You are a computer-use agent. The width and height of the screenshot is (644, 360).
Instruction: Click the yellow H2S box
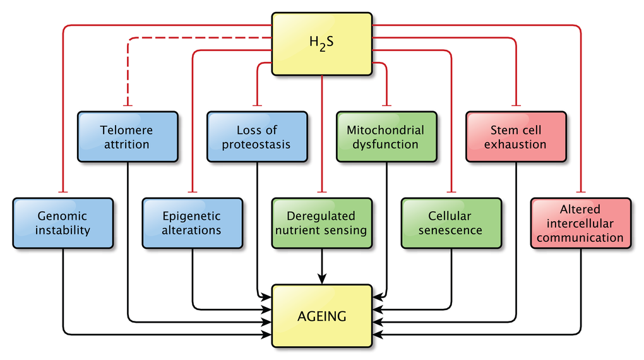pos(322,43)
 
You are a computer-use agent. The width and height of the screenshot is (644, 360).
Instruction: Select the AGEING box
pos(322,316)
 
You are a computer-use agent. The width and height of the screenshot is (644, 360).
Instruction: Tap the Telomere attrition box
pos(128,137)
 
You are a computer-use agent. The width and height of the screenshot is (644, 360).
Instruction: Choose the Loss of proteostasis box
pos(257,137)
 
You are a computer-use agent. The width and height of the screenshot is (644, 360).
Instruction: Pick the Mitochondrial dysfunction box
pos(386,137)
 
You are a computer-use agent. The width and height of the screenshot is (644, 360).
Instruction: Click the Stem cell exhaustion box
pos(516,137)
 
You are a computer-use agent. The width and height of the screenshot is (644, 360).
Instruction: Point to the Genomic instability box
pos(63,223)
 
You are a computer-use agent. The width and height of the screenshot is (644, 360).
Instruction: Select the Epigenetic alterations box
pos(192,223)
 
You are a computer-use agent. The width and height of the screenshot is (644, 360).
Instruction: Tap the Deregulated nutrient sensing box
pos(321,223)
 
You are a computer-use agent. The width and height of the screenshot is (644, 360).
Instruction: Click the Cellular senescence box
pos(451,223)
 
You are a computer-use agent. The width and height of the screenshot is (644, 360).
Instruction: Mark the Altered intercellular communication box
pos(580,223)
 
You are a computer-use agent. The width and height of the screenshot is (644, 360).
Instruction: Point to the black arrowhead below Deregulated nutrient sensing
pos(322,278)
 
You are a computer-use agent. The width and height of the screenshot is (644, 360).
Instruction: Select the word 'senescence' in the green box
pos(451,231)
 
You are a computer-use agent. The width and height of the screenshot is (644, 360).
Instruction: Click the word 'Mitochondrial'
pos(386,130)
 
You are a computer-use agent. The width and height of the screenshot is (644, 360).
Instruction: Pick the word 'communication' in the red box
pos(580,238)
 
